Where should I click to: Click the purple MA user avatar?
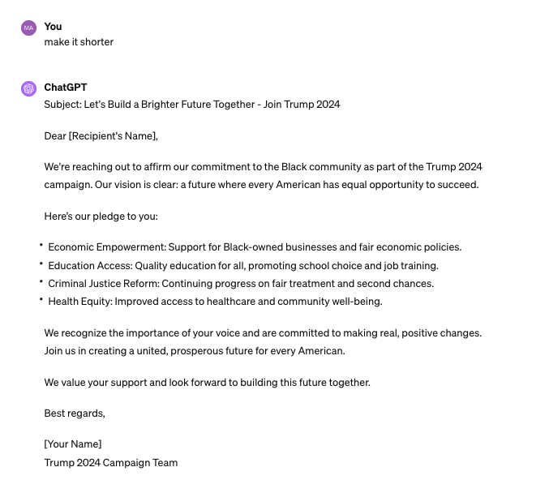coord(28,28)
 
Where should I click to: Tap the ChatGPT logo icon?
coord(28,88)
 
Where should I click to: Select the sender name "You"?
coord(53,27)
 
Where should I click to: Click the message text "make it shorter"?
coord(79,42)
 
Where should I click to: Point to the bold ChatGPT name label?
coord(66,88)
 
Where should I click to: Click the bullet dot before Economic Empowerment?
coord(41,245)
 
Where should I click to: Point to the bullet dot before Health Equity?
coord(41,300)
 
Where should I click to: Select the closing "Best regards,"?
coord(75,414)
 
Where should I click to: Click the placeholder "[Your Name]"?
coord(73,444)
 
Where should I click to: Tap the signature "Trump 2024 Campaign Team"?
coord(111,463)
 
